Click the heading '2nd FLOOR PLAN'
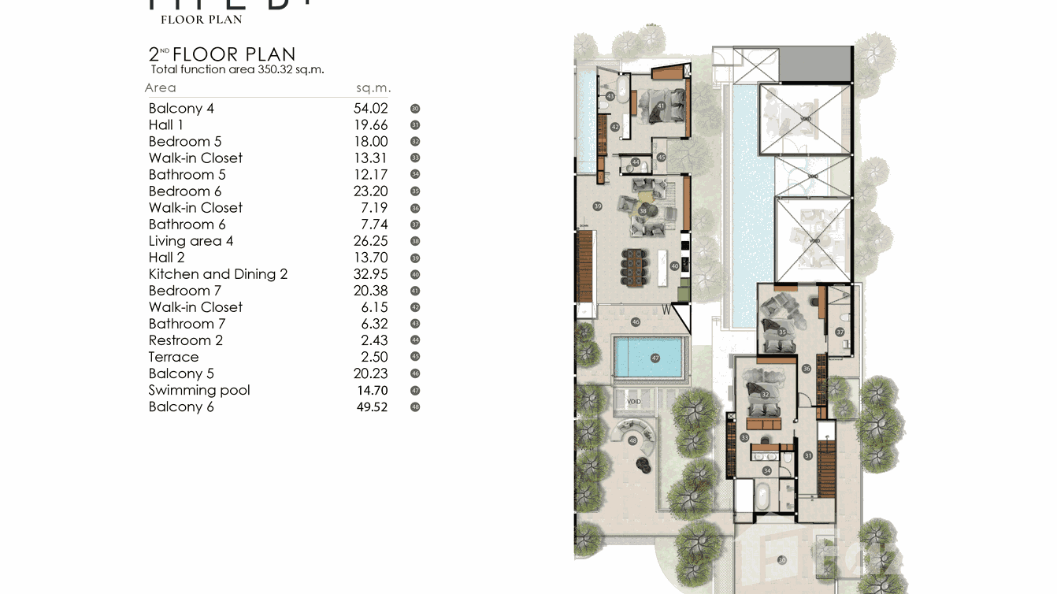pyautogui.click(x=222, y=54)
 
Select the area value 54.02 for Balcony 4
pyautogui.click(x=370, y=109)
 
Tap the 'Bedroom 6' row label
pyautogui.click(x=185, y=191)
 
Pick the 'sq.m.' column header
pyautogui.click(x=373, y=88)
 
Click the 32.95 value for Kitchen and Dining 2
pyautogui.click(x=370, y=274)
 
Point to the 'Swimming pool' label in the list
pyautogui.click(x=199, y=390)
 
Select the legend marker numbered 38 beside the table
pyautogui.click(x=415, y=241)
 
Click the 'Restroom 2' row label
pyautogui.click(x=186, y=340)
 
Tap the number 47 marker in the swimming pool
pyautogui.click(x=655, y=358)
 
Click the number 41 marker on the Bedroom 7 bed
pyautogui.click(x=661, y=106)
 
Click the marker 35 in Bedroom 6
pyautogui.click(x=782, y=332)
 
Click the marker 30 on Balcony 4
pyautogui.click(x=781, y=560)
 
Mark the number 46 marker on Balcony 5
pyautogui.click(x=636, y=322)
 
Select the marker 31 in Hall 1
pyautogui.click(x=807, y=455)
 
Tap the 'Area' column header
pyautogui.click(x=161, y=88)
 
